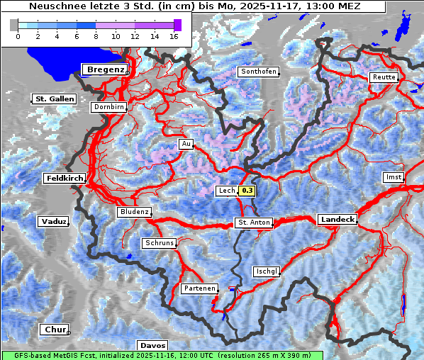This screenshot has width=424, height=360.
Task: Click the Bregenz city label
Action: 105,69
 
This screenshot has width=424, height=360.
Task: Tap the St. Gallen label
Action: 54,99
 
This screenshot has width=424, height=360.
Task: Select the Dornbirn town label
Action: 108,107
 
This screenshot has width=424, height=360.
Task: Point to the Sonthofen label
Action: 257,72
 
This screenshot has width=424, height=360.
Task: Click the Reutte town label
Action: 384,77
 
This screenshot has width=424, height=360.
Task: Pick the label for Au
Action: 186,144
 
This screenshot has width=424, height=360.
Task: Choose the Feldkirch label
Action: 65,179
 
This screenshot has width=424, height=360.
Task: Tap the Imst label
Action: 392,176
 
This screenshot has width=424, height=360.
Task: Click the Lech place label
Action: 226,191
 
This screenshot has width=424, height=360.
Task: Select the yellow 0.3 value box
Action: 247,191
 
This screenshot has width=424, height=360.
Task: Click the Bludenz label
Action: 134,212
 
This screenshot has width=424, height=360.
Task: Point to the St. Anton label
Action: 253,223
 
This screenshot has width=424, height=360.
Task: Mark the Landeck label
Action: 337,220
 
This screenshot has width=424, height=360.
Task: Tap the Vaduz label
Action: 53,222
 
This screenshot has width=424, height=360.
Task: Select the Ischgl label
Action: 267,271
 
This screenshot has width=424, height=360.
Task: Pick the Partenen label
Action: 199,288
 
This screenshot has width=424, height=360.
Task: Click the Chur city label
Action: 54,330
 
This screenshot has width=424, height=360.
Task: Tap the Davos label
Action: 152,345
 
